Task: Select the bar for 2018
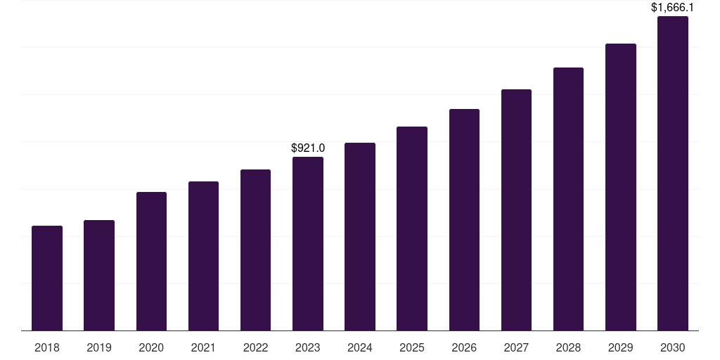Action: click(x=47, y=278)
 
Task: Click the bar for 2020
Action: click(x=152, y=262)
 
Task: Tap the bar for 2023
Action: click(x=308, y=244)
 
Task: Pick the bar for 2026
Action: click(x=464, y=220)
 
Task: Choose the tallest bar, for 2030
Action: click(x=673, y=174)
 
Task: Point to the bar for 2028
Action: click(x=568, y=199)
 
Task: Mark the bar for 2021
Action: click(x=203, y=256)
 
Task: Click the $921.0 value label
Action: click(x=308, y=148)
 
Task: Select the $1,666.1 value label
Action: click(x=672, y=7)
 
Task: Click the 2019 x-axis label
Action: click(x=99, y=347)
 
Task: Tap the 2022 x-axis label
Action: click(x=255, y=347)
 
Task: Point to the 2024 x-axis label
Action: click(x=359, y=347)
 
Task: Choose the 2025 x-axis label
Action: click(x=412, y=347)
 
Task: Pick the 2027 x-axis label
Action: click(x=516, y=347)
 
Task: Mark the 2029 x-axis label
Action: click(x=620, y=347)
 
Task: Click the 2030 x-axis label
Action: click(x=673, y=347)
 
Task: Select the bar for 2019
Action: click(x=99, y=276)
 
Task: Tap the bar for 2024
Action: click(x=360, y=237)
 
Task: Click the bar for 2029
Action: click(x=621, y=187)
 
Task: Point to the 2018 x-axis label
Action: click(x=47, y=347)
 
